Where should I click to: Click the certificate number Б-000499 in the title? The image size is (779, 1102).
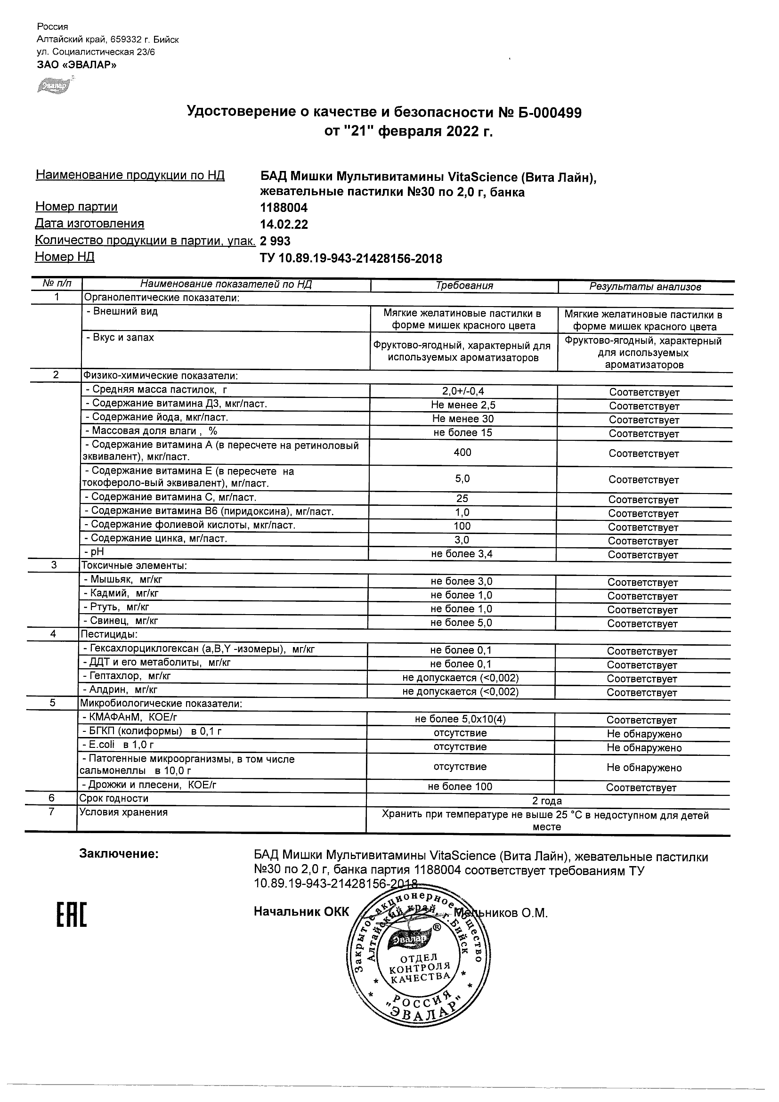tap(549, 113)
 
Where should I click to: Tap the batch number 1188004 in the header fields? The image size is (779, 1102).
tap(284, 208)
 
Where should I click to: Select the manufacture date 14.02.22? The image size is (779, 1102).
tap(284, 225)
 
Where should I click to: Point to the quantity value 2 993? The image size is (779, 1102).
tap(275, 241)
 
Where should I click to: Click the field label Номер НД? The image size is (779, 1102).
tap(65, 257)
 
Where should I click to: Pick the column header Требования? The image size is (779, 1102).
tap(464, 286)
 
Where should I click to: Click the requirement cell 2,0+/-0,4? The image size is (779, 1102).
tap(463, 392)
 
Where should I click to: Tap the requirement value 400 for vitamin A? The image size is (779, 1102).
tap(463, 453)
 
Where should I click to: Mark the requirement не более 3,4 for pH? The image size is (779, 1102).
tap(462, 554)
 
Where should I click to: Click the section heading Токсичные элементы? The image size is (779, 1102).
tap(134, 566)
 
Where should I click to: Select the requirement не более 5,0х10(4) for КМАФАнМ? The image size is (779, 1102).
tap(460, 719)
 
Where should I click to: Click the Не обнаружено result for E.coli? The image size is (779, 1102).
tap(644, 748)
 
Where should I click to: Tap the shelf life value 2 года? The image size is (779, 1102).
tap(547, 801)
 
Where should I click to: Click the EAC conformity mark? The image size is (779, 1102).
tap(72, 916)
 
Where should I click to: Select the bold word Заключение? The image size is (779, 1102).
tap(119, 854)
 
